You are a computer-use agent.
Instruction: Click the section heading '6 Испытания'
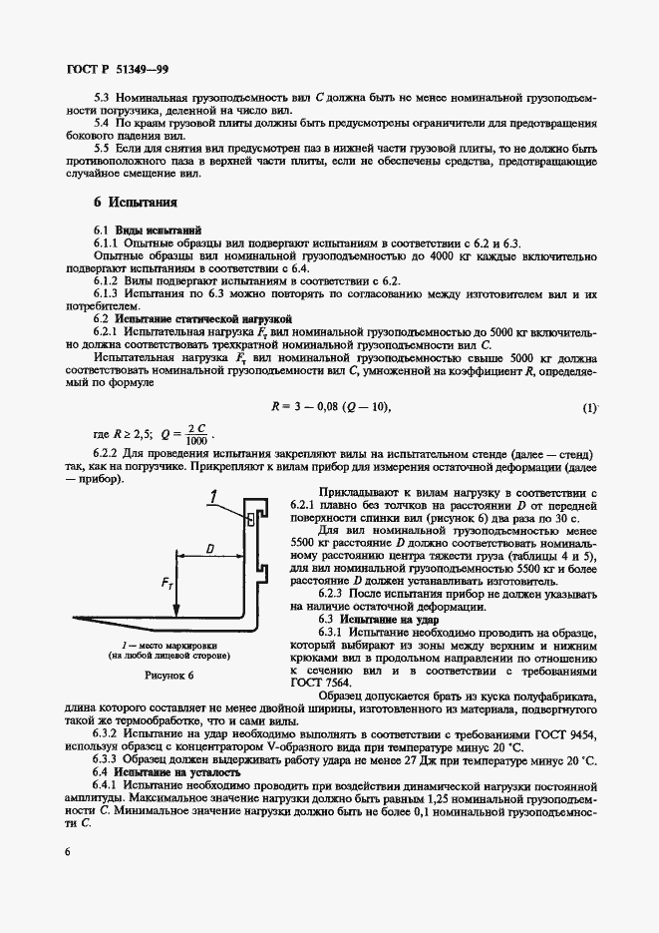click(136, 201)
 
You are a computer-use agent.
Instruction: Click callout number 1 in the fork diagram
click(213, 494)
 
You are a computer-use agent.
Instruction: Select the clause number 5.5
click(103, 149)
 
